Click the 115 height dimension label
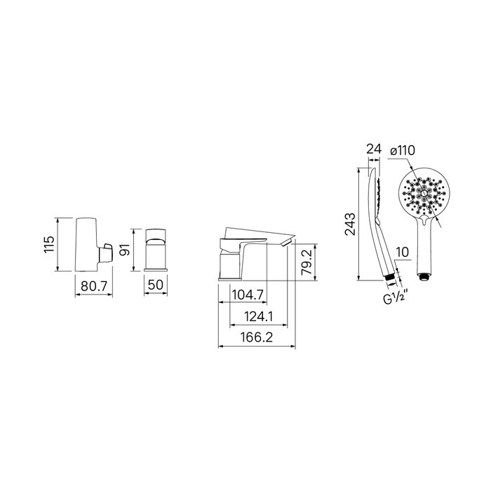click(49, 245)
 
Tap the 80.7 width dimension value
click(94, 286)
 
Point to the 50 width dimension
click(156, 285)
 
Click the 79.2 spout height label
click(307, 262)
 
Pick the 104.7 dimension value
click(248, 295)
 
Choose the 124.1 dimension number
click(259, 317)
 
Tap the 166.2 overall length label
click(257, 337)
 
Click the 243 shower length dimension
click(350, 224)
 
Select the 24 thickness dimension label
click(374, 149)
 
